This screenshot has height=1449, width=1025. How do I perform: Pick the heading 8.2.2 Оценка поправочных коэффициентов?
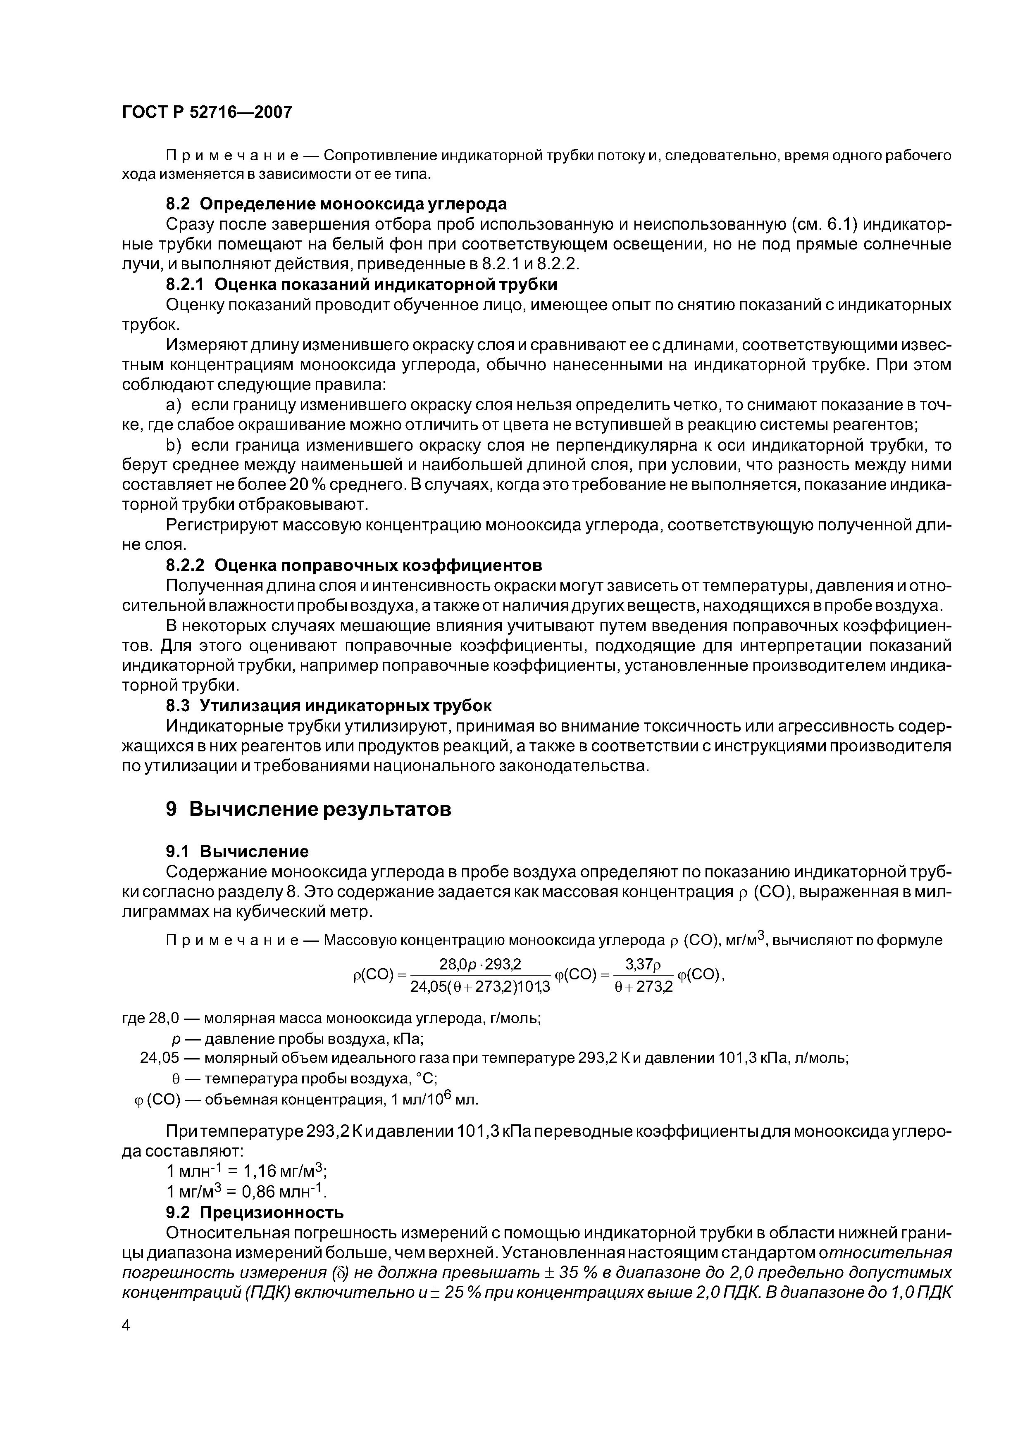coord(354,563)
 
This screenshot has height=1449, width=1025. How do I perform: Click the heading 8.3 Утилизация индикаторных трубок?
coord(329,705)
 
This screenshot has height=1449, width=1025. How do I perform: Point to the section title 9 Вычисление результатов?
coord(308,809)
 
